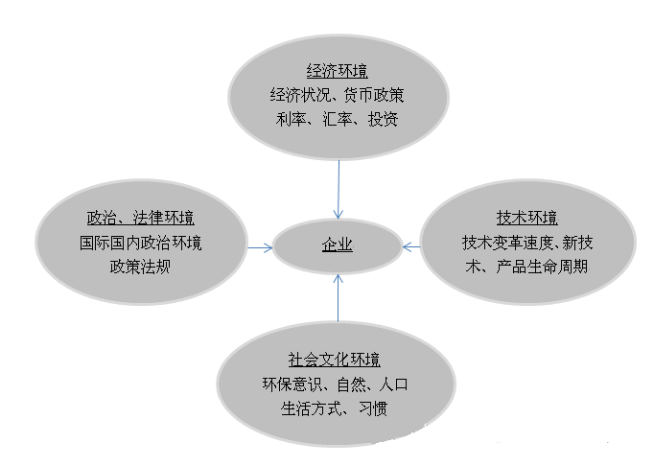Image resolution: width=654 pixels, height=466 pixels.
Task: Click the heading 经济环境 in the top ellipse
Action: pos(338,72)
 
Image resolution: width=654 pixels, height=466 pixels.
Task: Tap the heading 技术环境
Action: pos(526,217)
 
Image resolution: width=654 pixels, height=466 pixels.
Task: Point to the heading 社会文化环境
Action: pos(335,361)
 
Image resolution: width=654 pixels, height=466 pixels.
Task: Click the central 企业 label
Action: pos(338,245)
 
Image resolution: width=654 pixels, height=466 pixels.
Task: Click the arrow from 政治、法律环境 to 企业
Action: pos(258,246)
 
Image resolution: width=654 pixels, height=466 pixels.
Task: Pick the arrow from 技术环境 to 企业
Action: pos(411,246)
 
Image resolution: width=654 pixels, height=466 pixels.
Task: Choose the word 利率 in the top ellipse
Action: pos(284,121)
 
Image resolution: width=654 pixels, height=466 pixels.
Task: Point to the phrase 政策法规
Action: pos(140,266)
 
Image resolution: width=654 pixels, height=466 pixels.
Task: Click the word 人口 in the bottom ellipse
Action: pos(394,385)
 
